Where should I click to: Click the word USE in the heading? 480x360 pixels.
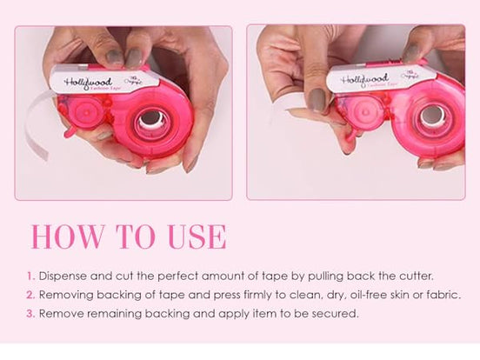click(x=189, y=237)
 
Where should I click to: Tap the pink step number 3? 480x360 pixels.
click(x=30, y=313)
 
